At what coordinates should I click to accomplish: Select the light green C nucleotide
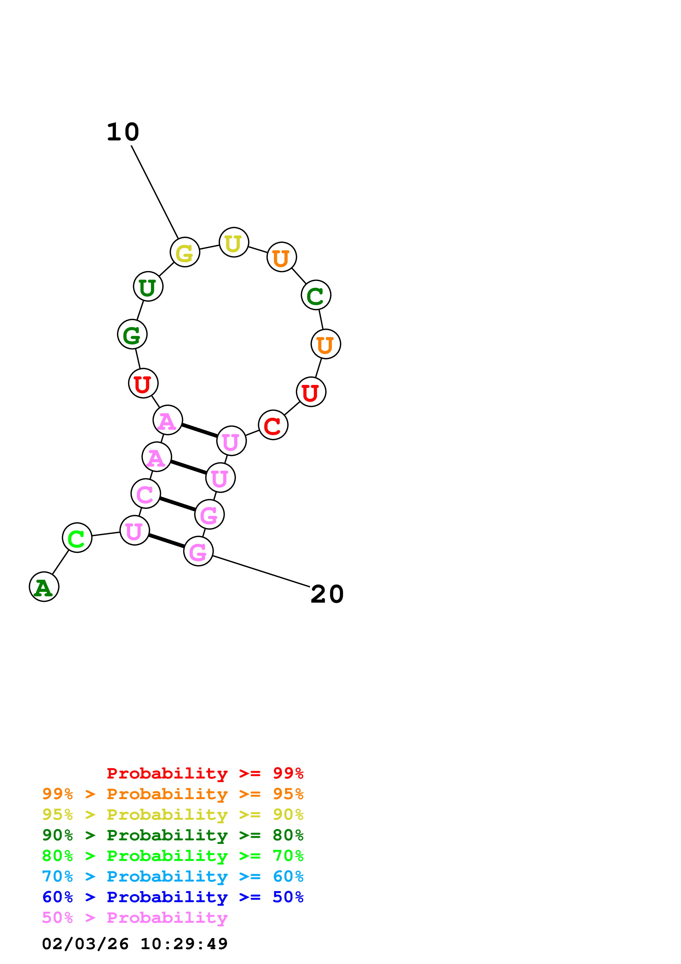tap(77, 538)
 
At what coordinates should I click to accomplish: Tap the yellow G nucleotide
tap(185, 252)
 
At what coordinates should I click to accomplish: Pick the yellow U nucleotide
tap(234, 242)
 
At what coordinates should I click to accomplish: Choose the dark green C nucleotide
tap(316, 295)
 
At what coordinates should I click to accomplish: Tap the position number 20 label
tap(327, 594)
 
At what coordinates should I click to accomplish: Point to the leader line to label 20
tap(261, 571)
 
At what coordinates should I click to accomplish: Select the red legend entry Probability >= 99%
tap(205, 773)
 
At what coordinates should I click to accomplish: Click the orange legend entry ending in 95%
tap(173, 794)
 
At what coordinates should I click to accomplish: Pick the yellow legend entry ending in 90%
tap(173, 815)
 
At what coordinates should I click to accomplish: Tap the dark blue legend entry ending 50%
tap(173, 897)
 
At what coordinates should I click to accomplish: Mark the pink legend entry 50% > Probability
tap(135, 918)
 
